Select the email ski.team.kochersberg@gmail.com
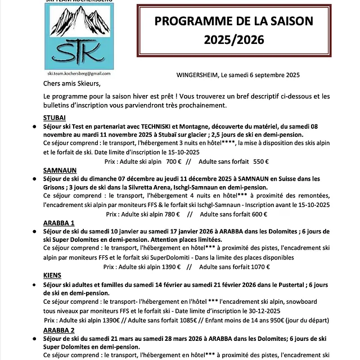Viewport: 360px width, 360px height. tap(78, 74)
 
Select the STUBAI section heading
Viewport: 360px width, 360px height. tap(55, 117)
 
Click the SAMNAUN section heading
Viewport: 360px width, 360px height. tap(60, 169)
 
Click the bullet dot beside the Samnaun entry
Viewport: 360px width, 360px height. tap(34, 178)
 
